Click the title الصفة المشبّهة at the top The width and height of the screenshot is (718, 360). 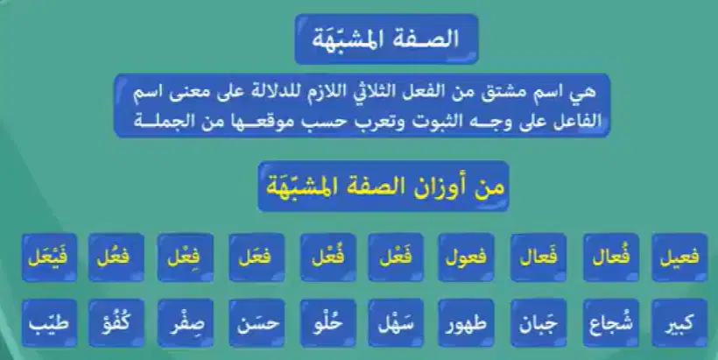coord(385,39)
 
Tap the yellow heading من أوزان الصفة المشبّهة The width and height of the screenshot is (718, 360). coord(384,187)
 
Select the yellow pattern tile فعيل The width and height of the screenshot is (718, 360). coord(679,258)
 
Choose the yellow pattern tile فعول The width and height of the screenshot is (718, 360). coord(466,258)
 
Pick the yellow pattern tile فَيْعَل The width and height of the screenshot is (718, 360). coord(48,257)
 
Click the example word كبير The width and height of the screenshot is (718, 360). coord(679,323)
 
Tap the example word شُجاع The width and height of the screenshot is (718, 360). coord(611,323)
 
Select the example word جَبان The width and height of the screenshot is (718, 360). coord(538,324)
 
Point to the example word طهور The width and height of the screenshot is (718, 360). coord(466,324)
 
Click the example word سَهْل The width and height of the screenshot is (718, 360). coord(396,323)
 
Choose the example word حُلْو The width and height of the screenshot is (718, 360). coord(327,323)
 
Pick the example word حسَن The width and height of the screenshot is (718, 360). coord(257,323)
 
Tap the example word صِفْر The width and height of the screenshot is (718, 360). coord(186,324)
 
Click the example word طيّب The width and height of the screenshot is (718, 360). coord(48,323)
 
